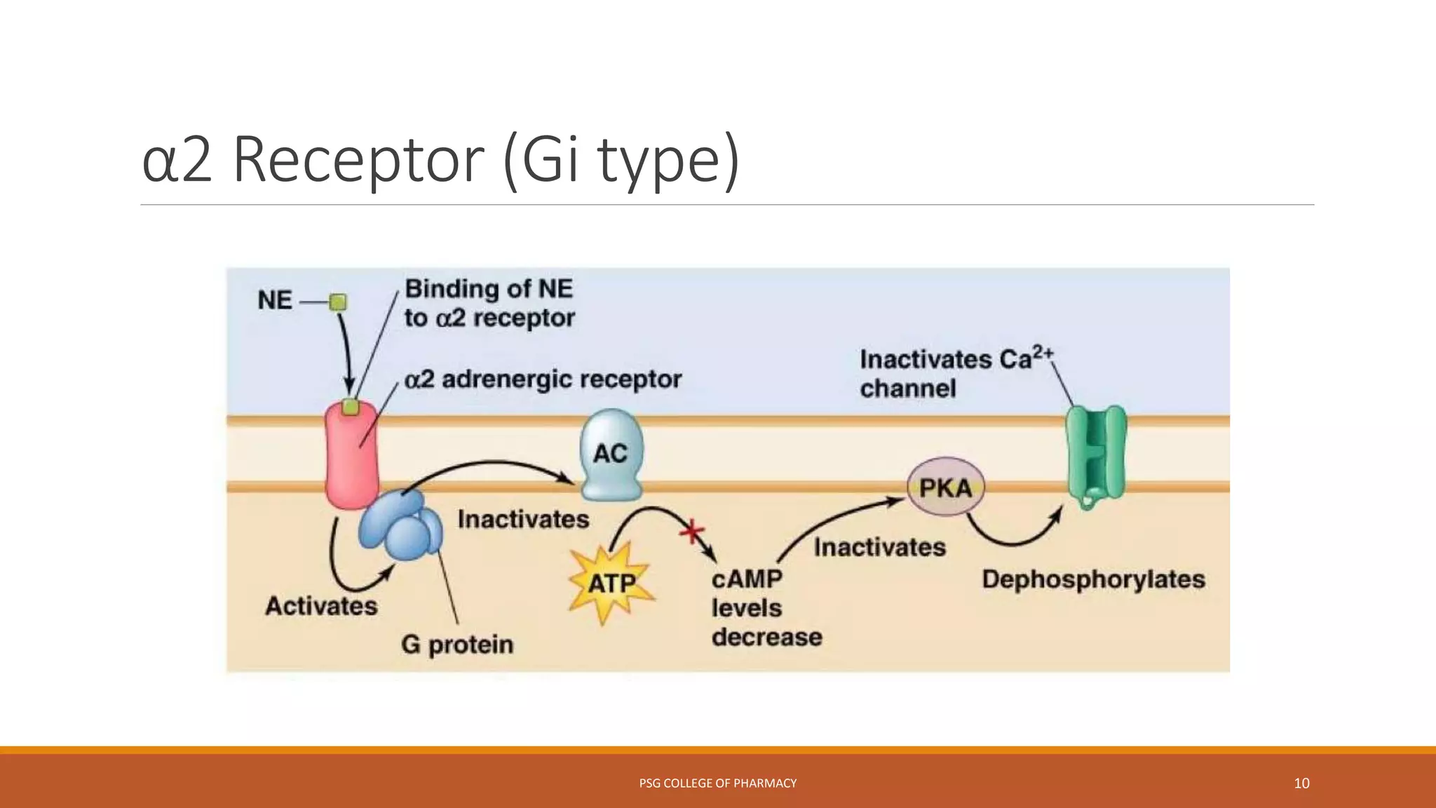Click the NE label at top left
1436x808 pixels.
coord(274,300)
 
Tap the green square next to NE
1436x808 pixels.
coord(338,302)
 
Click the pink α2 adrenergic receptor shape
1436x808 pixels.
coord(351,459)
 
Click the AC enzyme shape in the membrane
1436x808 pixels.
coord(611,454)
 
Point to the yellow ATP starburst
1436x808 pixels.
coord(611,583)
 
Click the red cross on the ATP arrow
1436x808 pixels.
coord(692,532)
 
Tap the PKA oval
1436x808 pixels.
coord(945,487)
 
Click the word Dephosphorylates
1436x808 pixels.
coord(1092,579)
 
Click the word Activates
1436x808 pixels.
coord(321,605)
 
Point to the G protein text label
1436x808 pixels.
coord(457,644)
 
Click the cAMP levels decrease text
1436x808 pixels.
coord(766,608)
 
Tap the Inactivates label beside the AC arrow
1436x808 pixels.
coord(523,519)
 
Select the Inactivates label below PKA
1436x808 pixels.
coord(879,547)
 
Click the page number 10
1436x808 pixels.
coord(1301,783)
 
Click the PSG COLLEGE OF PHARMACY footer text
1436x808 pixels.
coord(717,783)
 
